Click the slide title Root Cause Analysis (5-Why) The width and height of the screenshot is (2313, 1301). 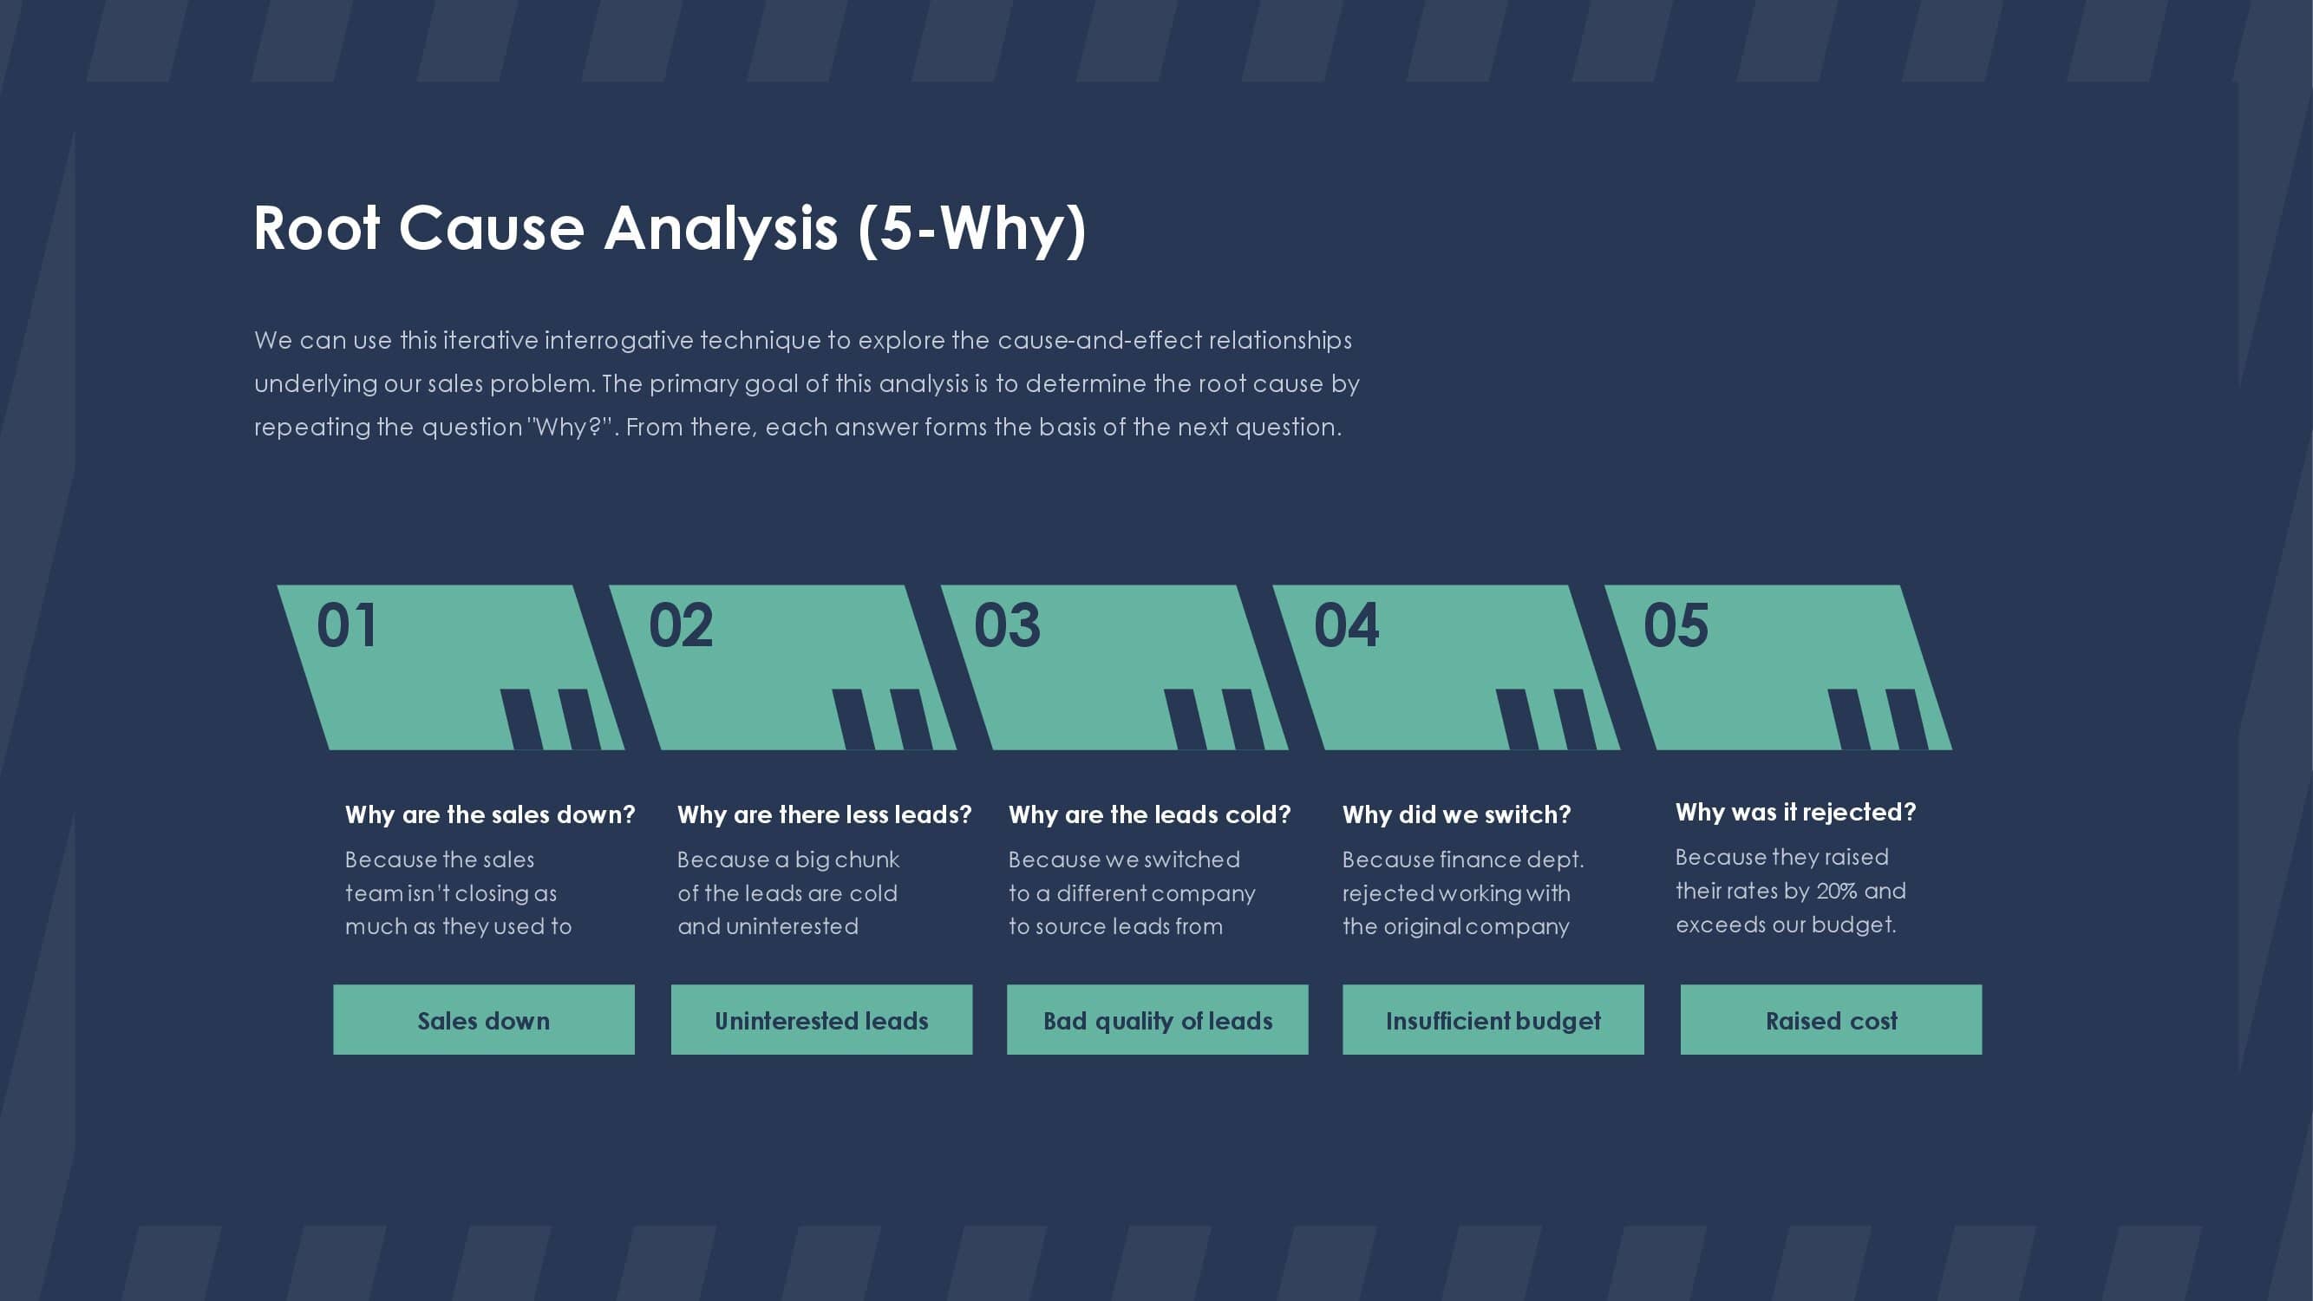[x=670, y=229]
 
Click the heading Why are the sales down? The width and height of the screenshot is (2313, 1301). [x=490, y=815]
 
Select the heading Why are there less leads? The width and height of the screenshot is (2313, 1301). [x=824, y=815]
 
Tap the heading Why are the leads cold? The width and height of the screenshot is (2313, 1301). [x=1149, y=815]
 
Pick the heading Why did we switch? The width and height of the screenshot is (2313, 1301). [x=1456, y=815]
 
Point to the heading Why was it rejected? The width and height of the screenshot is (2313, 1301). [x=1795, y=813]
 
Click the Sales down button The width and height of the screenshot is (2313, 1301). [x=484, y=1020]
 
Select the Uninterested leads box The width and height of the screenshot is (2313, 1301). [x=821, y=1020]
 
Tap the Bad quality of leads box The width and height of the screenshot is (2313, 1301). [x=1158, y=1020]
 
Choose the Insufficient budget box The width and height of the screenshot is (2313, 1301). [x=1493, y=1020]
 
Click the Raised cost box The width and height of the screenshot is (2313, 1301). [x=1831, y=1020]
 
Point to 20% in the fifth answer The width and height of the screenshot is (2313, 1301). [x=1836, y=892]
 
